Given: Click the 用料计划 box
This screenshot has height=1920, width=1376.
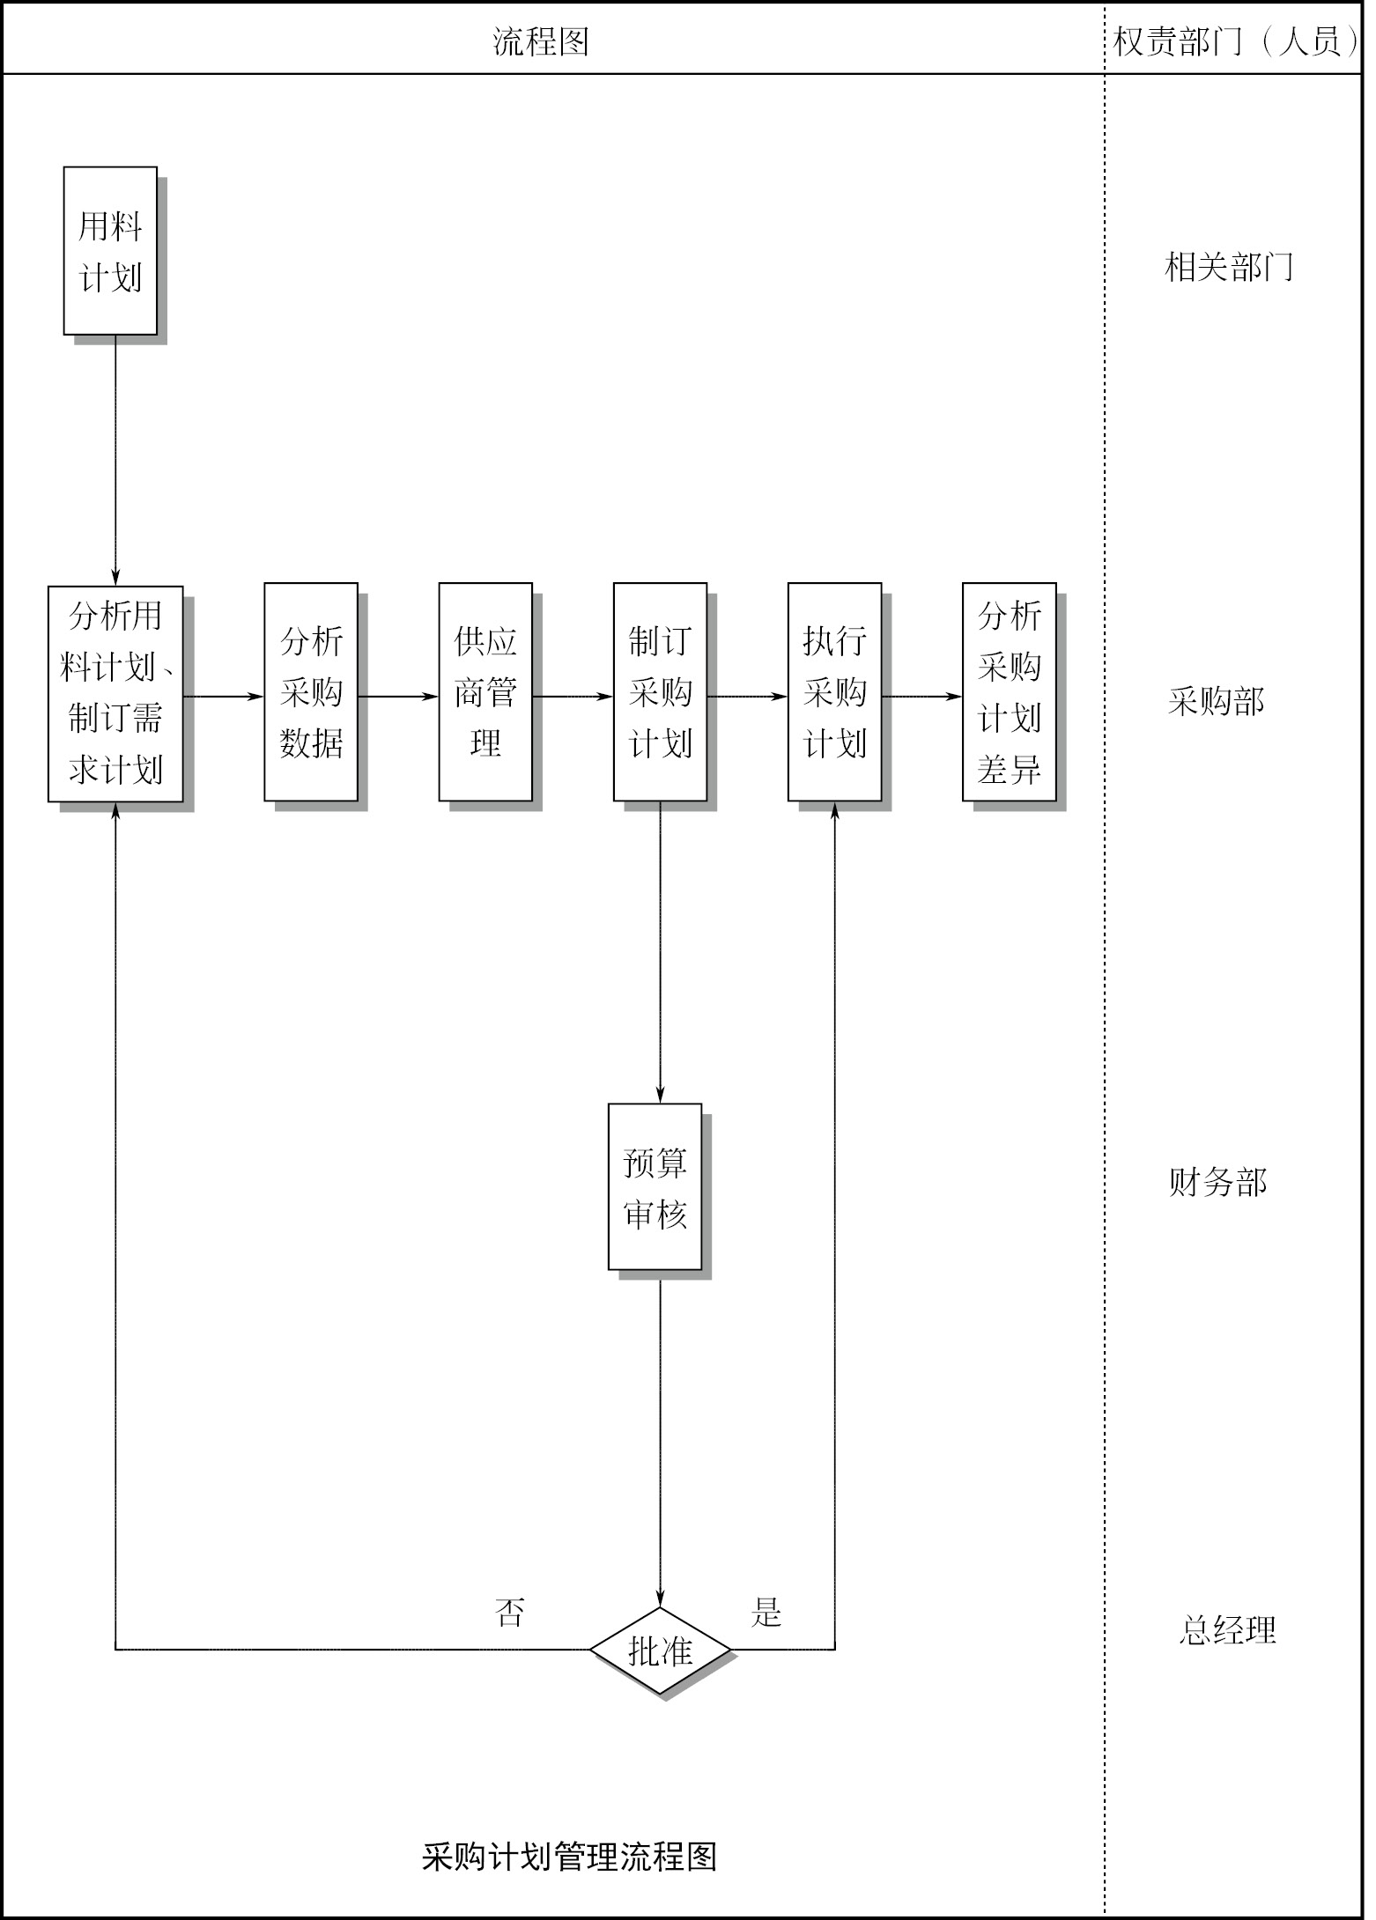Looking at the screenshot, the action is coord(110,251).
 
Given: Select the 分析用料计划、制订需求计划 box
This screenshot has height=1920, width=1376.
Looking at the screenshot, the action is coord(115,694).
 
